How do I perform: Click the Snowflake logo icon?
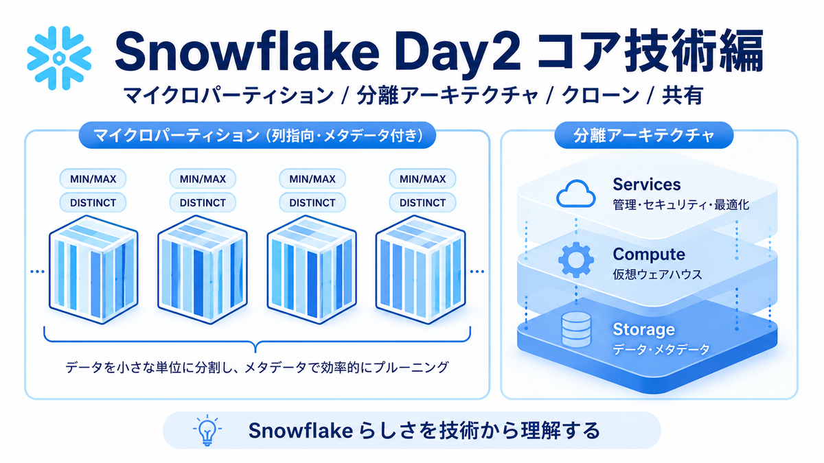tap(59, 58)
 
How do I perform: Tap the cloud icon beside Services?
tap(575, 193)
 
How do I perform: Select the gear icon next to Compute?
tap(576, 260)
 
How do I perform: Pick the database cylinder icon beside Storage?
tap(576, 330)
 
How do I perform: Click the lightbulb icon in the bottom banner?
tap(207, 430)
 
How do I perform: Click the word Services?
tap(647, 185)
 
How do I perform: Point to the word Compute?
tap(649, 254)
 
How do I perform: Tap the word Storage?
tap(644, 329)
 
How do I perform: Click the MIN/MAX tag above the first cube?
tap(93, 179)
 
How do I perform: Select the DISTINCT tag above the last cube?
tap(423, 202)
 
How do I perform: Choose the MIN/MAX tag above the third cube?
tap(312, 179)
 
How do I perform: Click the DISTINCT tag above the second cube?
tap(203, 202)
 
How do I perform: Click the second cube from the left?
tap(203, 270)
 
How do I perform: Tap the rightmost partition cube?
tap(421, 270)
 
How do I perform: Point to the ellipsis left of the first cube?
tap(37, 272)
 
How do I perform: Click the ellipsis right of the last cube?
tap(477, 272)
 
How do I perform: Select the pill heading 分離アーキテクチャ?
tap(644, 135)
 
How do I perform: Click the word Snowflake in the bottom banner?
tap(301, 430)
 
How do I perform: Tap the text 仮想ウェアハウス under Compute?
tap(657, 274)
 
